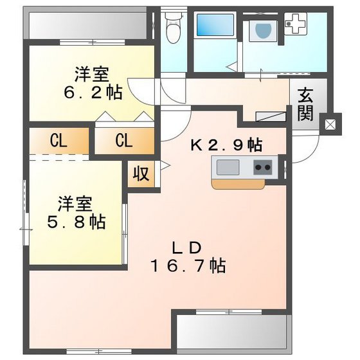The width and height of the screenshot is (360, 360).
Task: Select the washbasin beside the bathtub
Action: click(x=262, y=30)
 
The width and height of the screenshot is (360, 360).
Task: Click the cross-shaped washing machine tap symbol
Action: click(x=297, y=25)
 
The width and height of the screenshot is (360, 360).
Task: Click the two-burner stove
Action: click(x=262, y=168)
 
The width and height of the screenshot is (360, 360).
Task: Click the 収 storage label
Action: click(x=141, y=174)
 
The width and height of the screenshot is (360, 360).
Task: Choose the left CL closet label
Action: click(x=58, y=141)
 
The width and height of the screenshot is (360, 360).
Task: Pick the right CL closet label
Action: click(x=124, y=141)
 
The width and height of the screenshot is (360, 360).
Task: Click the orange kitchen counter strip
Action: click(x=238, y=184)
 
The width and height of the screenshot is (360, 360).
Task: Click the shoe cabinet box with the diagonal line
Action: click(x=270, y=116)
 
